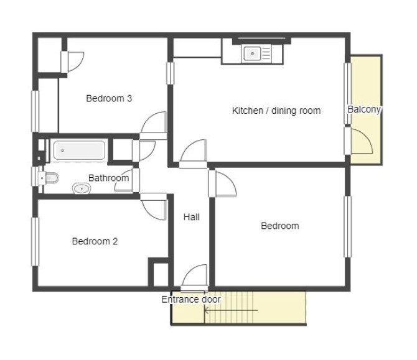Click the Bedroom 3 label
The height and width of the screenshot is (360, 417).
coord(109,99)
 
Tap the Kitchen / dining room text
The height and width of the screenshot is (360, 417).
coord(276,111)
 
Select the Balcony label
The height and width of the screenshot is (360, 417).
coord(364,109)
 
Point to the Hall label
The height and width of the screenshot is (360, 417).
coord(192,217)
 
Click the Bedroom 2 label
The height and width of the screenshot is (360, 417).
coord(95,241)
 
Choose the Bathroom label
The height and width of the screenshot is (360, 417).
coord(108,178)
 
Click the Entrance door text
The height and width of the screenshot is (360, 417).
coord(191,300)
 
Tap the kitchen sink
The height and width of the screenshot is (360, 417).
coord(252,53)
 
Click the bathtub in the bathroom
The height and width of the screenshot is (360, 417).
coord(79,150)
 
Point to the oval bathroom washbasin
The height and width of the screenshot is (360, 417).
coord(82,188)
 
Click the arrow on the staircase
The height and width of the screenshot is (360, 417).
coord(231,310)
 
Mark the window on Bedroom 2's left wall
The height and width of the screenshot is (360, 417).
coord(35,241)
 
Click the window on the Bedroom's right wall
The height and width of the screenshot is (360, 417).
coord(348,226)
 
